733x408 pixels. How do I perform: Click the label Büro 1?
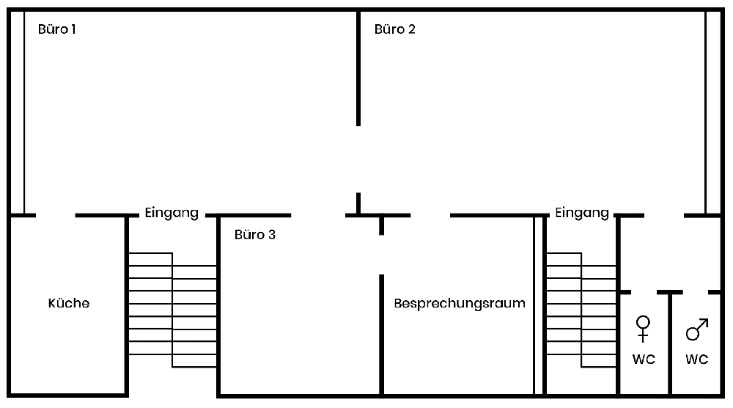pos(57,30)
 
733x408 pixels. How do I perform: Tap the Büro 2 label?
pos(395,30)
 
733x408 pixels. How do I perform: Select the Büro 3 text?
pos(255,236)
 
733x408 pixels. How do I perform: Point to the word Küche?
pos(69,303)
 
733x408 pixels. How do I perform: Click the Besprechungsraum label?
pos(460,303)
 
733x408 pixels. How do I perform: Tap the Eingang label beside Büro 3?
pos(172,214)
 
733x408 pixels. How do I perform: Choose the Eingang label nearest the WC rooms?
pos(582,214)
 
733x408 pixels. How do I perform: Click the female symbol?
pos(644,328)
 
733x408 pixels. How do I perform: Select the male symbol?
pos(696,329)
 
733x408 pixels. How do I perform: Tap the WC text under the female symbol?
pos(644,360)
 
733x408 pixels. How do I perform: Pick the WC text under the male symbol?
pos(696,360)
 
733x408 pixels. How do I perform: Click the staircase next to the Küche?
pos(173,310)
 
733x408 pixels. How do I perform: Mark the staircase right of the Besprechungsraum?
pos(581,310)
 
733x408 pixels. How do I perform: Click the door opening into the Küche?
pos(56,216)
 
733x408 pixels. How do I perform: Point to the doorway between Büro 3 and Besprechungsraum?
pos(382,255)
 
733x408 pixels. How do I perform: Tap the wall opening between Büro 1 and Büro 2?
pos(358,159)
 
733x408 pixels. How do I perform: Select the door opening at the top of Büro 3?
pos(318,216)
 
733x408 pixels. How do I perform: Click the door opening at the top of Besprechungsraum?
pos(430,216)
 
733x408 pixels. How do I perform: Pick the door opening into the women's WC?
pos(644,292)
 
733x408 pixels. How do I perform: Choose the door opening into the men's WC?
pos(696,292)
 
